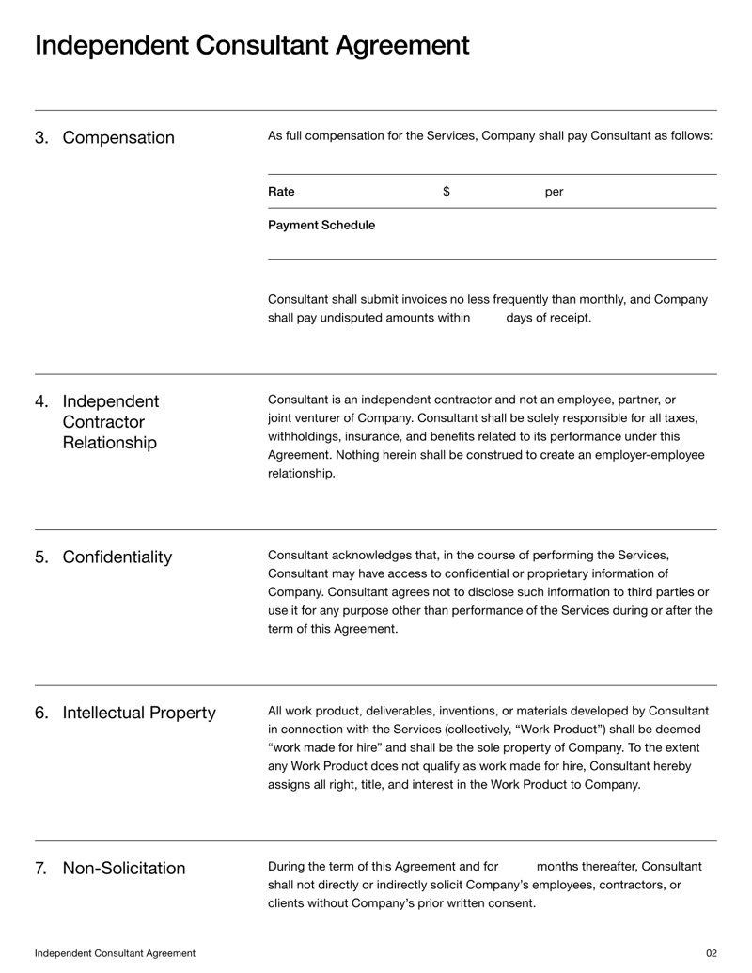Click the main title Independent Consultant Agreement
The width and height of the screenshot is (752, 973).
[x=252, y=45]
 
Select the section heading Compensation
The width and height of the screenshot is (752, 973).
[x=118, y=138]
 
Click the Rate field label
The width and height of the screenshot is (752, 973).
[x=281, y=192]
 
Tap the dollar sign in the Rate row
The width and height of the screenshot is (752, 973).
[x=446, y=192]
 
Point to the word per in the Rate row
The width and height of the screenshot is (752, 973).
[x=555, y=193]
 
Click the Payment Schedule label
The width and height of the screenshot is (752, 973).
[x=321, y=226]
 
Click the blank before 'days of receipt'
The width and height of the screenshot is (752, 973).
[x=488, y=318]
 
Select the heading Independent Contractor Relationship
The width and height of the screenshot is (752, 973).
[x=109, y=422]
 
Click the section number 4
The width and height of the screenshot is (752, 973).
[x=41, y=402]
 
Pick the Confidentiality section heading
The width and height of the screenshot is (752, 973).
[x=117, y=557]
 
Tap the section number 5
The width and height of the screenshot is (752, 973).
[x=41, y=557]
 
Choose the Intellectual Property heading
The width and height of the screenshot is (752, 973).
[x=139, y=714]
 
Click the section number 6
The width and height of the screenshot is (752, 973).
[x=41, y=714]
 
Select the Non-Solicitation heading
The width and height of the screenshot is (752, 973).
[x=124, y=868]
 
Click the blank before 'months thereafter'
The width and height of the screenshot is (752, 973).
[x=517, y=866]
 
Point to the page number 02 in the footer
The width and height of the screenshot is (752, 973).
[x=711, y=953]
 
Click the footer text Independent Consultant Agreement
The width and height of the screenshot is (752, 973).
[x=116, y=953]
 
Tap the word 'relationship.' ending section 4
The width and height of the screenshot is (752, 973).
[x=302, y=474]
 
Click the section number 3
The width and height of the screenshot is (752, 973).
[x=41, y=138]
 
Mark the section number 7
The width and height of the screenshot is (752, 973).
[x=41, y=868]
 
